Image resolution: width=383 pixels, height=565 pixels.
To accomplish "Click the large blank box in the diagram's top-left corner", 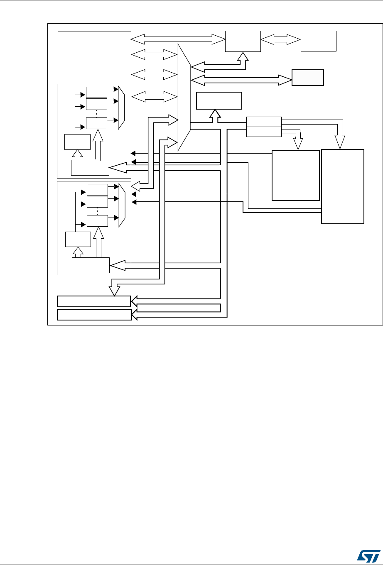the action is pos(94,55).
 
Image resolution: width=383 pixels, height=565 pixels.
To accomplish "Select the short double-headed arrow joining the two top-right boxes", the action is pos(280,40).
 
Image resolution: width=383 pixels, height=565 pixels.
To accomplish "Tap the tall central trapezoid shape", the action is pos(184,97).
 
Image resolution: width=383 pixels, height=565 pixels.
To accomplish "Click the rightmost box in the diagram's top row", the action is pos(318,41).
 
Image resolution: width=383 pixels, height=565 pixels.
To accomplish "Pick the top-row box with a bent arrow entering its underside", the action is pos(243,41).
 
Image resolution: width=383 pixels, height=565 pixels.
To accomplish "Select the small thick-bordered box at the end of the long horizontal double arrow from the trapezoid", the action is pos(307,78).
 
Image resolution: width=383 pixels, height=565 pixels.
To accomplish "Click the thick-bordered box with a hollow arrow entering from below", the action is pos(219,100).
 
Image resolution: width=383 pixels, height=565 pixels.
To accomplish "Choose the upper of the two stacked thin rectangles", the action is pos(264,122).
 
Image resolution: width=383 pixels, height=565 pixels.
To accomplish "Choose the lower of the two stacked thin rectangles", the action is pos(264,132).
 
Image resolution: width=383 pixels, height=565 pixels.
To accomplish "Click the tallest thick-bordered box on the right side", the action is pos(343,186).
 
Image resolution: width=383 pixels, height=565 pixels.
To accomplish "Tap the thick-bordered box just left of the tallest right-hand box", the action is pos(295,175).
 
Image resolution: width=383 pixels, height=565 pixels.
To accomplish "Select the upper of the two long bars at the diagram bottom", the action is pos(94,301).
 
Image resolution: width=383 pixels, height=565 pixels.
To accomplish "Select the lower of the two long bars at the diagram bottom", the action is pos(94,314).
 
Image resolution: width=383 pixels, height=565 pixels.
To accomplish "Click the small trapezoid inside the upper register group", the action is pos(121,108).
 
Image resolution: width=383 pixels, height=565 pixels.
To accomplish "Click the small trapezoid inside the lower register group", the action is pos(121,205).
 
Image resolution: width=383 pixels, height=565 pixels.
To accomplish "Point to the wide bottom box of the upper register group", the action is pos(90,167).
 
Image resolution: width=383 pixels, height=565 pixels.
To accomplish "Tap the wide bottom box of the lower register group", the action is pos(91,265).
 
